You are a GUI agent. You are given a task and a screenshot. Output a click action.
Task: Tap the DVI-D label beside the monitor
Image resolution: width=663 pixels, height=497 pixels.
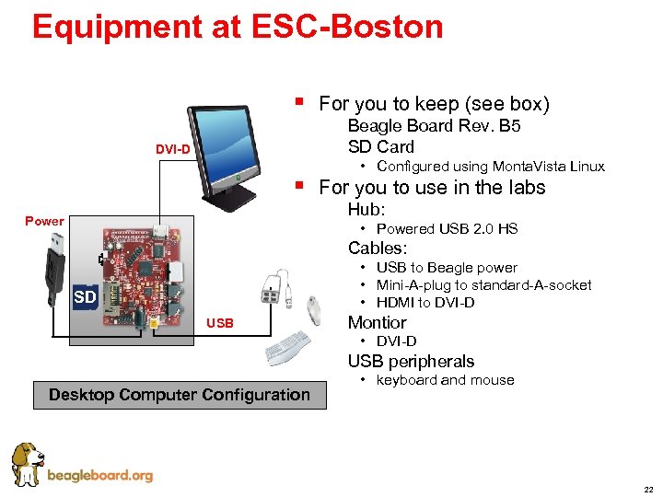coord(173,149)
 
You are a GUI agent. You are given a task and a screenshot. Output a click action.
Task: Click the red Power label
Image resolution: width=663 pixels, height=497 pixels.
coord(44,221)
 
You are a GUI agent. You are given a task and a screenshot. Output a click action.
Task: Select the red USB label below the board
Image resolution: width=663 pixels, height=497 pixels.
coord(220,323)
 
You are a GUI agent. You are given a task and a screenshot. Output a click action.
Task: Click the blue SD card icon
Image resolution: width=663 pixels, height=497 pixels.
coord(85,296)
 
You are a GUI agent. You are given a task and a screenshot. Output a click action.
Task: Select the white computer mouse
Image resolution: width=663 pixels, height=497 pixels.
coord(314,311)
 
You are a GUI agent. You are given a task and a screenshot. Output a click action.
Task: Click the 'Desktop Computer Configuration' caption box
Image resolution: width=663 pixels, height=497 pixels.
coord(180,395)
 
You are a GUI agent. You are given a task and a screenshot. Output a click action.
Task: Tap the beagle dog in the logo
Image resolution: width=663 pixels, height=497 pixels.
coord(27,463)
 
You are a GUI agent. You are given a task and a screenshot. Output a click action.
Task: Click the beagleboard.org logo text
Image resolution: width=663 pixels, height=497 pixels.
coord(99,476)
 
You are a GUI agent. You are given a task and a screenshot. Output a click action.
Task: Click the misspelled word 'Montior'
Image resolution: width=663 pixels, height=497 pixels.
coord(377,322)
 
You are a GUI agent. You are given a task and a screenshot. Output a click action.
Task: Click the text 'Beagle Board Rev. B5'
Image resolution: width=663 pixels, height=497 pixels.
coord(434,126)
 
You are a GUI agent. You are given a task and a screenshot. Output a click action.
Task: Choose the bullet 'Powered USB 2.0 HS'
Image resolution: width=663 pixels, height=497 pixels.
coord(447,228)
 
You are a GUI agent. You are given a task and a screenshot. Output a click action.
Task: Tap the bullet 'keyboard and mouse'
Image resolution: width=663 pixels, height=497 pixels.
coord(445,380)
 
